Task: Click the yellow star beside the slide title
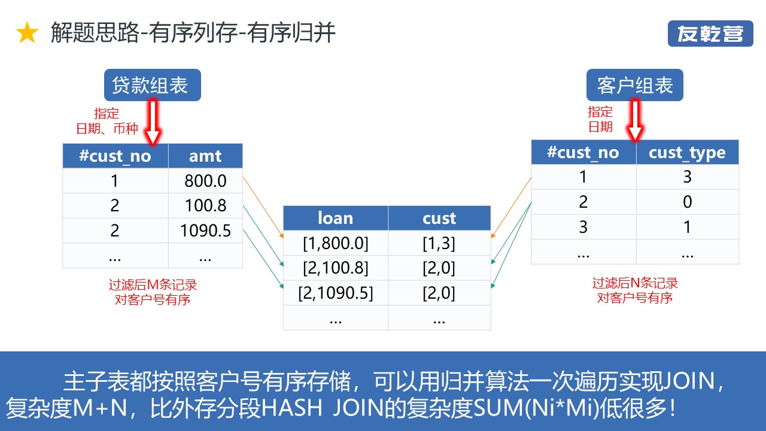coord(27,34)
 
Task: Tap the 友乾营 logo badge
coord(710,34)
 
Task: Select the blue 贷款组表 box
coord(152,86)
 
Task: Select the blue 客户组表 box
coord(635,86)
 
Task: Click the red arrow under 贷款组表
coord(153,123)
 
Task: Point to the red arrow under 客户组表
coord(635,121)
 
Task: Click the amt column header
coord(205,156)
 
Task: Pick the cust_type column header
coord(687,153)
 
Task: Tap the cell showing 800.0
coord(205,181)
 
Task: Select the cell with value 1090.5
coord(205,230)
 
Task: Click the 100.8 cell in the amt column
coord(205,206)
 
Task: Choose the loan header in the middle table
coord(335,218)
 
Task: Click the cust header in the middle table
coord(439,218)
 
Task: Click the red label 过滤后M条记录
coord(153,285)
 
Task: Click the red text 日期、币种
coord(107,129)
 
